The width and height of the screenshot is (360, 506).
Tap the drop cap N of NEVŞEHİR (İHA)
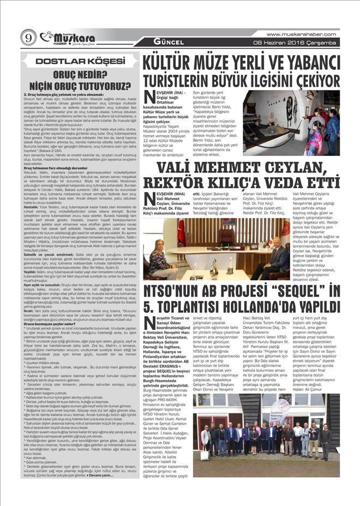pyautogui.click(x=149, y=97)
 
